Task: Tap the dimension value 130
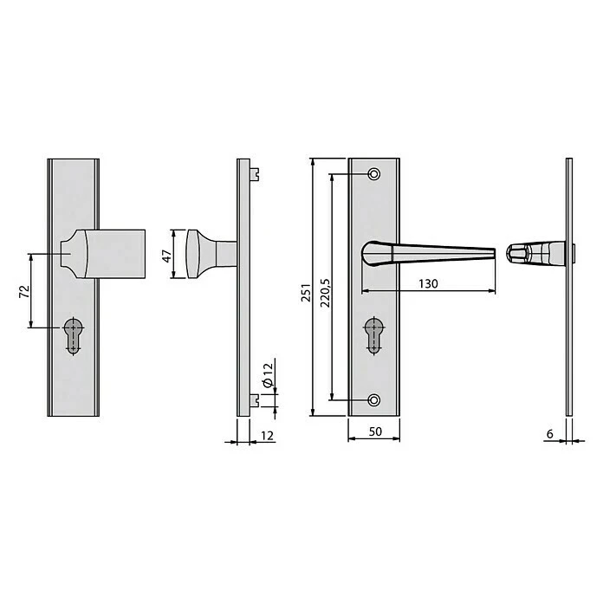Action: (429, 283)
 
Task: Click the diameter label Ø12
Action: (268, 374)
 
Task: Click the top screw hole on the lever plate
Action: (373, 175)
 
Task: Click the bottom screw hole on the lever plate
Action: (373, 399)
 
